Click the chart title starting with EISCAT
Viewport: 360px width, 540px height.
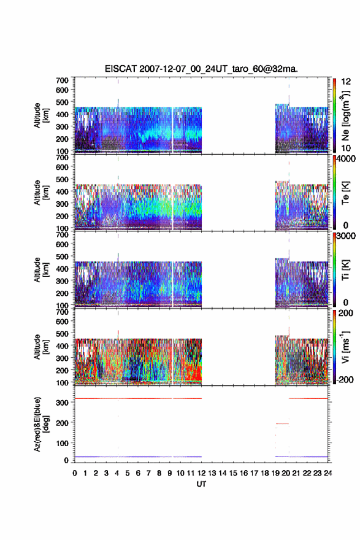(x=201, y=69)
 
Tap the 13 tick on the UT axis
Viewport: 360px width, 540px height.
(x=212, y=473)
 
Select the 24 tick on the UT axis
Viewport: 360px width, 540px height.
(x=328, y=473)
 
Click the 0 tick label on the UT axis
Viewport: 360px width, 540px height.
(x=75, y=473)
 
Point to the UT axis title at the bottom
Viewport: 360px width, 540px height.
(x=201, y=484)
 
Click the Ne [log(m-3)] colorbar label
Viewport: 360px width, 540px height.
(x=345, y=116)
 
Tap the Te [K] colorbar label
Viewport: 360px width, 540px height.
(x=345, y=193)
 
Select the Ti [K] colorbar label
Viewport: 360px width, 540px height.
(x=345, y=270)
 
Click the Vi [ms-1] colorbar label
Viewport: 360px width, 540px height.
(x=345, y=347)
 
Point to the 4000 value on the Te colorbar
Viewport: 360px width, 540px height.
(x=346, y=159)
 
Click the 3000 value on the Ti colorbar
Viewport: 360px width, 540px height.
(x=346, y=236)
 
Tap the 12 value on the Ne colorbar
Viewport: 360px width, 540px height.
(x=347, y=82)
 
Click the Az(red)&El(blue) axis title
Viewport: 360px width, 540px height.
(x=41, y=424)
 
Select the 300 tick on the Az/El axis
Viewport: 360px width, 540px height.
(x=62, y=403)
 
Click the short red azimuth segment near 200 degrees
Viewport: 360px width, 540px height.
(x=282, y=423)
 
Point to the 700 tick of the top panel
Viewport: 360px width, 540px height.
(x=62, y=80)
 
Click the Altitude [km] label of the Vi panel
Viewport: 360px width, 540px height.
(x=41, y=347)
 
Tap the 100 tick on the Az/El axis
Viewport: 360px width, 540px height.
(x=62, y=443)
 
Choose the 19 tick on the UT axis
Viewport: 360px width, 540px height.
(x=275, y=473)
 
